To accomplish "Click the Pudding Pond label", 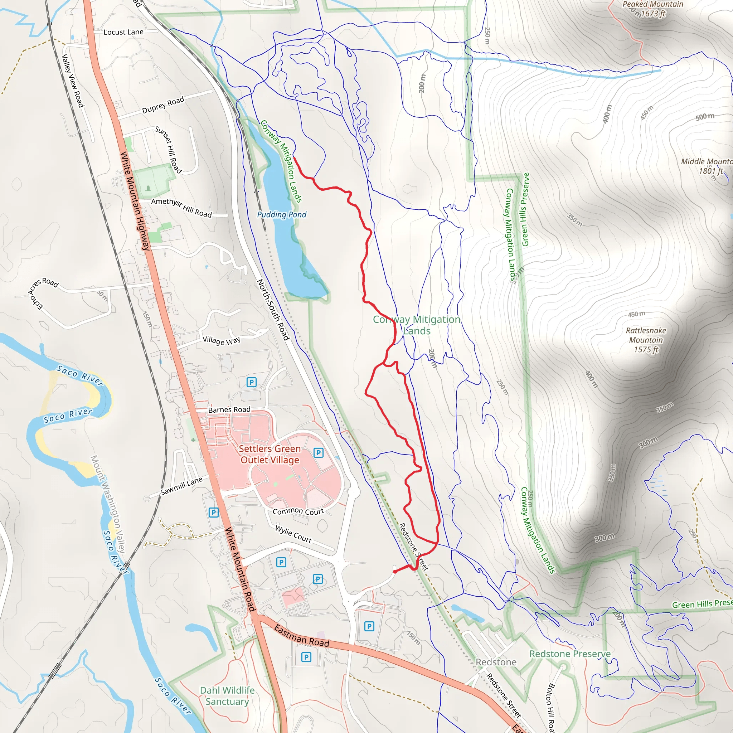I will coord(282,214).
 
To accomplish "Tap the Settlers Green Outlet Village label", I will coord(270,454).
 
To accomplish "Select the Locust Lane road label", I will coord(123,32).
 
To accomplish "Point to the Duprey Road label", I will coord(163,105).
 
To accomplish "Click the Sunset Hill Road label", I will coord(169,150).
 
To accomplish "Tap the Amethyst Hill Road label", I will coord(181,208).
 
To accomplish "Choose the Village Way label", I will coord(221,340).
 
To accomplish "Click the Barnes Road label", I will coord(229,410).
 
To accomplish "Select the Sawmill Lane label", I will coord(181,486).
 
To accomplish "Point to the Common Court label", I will coord(298,511).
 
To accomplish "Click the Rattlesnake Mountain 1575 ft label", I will coord(646,340).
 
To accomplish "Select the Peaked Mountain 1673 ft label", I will coord(652,9).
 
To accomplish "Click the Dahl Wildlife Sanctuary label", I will coord(227,696).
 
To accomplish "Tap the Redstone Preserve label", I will coord(570,654).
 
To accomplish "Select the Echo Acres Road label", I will coord(42,292).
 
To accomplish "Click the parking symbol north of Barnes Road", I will coord(251,382).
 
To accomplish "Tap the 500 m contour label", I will coord(705,116).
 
